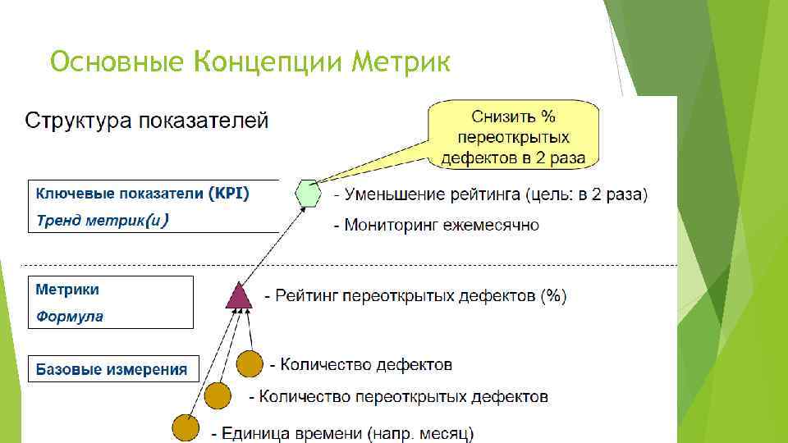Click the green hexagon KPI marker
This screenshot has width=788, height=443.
(x=308, y=194)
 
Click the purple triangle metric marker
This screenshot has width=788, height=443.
(x=239, y=295)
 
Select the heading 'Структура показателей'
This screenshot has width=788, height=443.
(x=147, y=121)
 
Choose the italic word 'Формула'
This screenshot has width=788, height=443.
(x=69, y=316)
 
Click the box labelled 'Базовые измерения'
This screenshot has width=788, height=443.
(x=112, y=369)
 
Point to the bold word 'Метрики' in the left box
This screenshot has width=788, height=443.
(x=67, y=290)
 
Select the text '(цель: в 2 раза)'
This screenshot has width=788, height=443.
(x=587, y=195)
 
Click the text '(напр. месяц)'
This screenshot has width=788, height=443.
(x=422, y=432)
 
